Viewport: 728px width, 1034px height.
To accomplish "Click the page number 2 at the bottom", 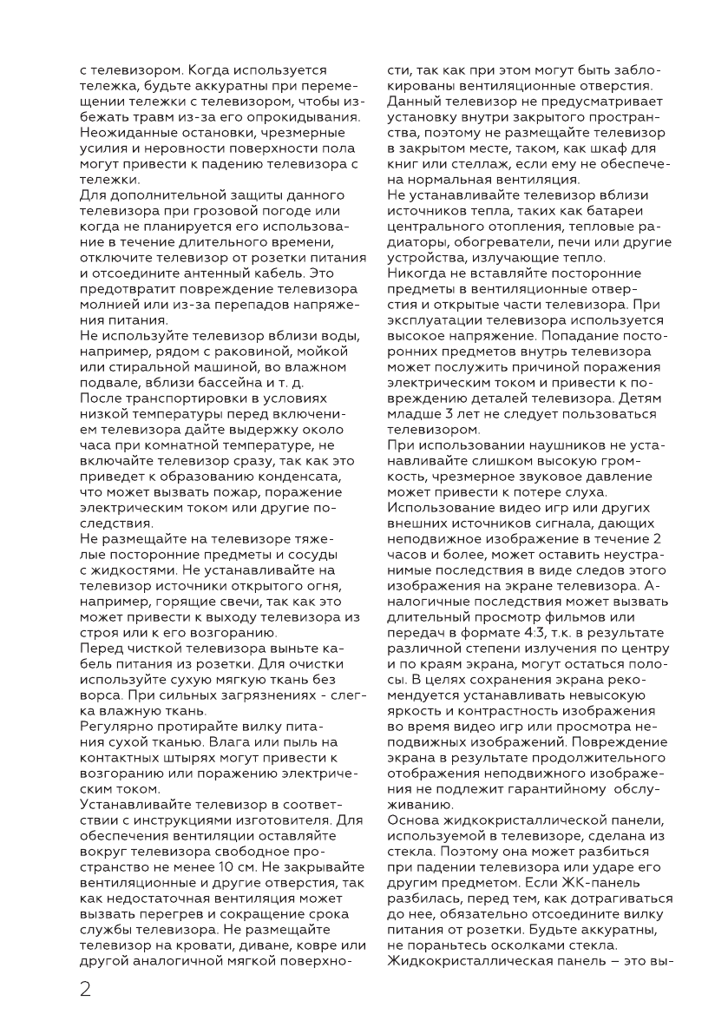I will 85,990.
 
